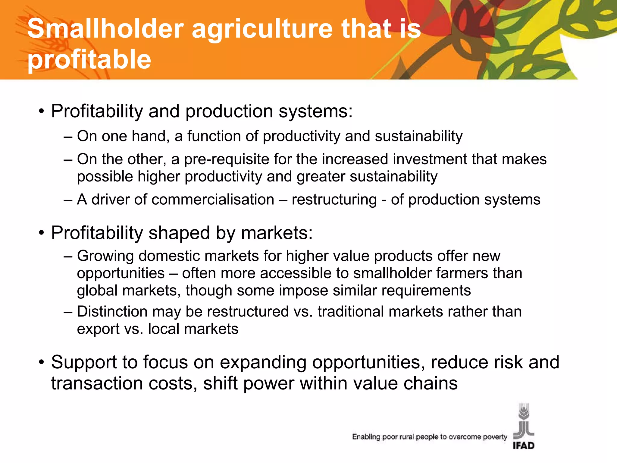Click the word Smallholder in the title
pos(105,29)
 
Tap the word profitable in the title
pos(89,59)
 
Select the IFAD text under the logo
pos(524,446)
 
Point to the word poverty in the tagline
pos(495,437)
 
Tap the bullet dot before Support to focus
pos(42,362)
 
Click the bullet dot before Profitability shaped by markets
pos(42,233)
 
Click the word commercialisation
pos(213,200)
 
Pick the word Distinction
pos(112,311)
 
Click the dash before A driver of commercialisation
pos(68,200)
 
